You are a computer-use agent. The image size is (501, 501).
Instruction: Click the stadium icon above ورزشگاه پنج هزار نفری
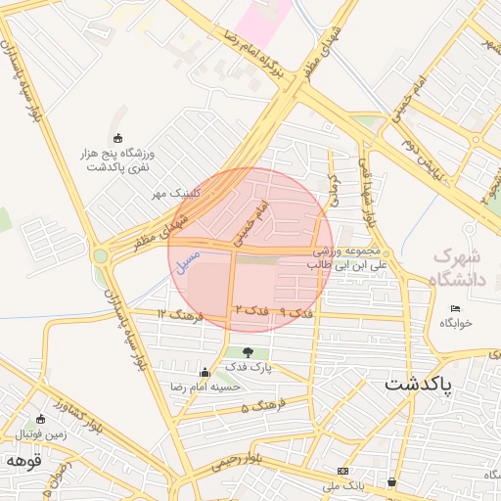(118, 138)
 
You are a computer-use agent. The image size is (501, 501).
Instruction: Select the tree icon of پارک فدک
(246, 352)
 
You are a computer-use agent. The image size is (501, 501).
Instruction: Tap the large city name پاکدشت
(419, 385)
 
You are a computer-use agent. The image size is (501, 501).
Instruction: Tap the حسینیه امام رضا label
(205, 387)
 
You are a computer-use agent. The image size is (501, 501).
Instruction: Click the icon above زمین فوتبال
(40, 419)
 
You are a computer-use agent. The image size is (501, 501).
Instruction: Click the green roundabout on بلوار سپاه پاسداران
(100, 257)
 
